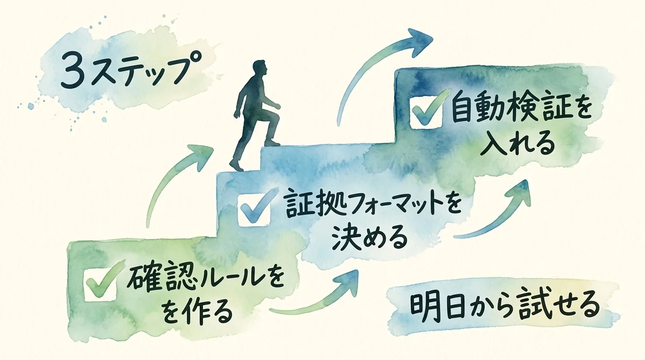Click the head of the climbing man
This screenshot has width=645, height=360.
[259, 69]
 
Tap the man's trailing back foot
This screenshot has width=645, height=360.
[236, 165]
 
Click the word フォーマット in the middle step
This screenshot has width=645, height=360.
[390, 206]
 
